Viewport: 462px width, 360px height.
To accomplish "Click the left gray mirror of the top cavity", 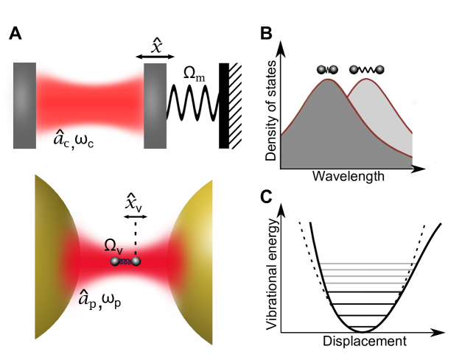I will pyautogui.click(x=24, y=97).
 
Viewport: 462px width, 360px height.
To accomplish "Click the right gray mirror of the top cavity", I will pyautogui.click(x=155, y=97).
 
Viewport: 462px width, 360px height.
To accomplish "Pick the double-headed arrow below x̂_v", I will pyautogui.click(x=136, y=216).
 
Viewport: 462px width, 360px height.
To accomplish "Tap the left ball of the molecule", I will pyautogui.click(x=115, y=261).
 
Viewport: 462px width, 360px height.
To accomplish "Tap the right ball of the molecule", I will pyautogui.click(x=136, y=261).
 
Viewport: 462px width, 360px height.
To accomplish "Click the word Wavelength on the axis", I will pyautogui.click(x=348, y=177).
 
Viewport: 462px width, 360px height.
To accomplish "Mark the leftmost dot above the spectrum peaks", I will pyautogui.click(x=321, y=69).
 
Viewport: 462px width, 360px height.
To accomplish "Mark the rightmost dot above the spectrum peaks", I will pyautogui.click(x=380, y=69).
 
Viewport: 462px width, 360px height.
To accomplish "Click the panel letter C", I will pyautogui.click(x=266, y=197).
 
